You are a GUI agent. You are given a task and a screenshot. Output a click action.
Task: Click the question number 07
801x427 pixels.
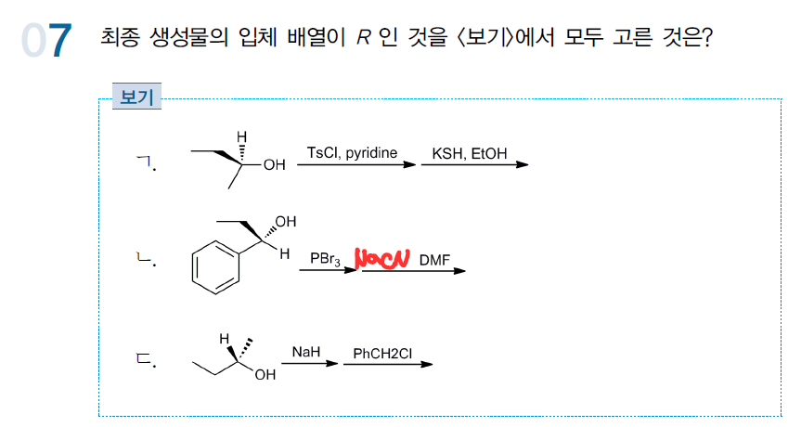pos(47,41)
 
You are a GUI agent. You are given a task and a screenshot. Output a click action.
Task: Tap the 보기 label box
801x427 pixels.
pos(136,97)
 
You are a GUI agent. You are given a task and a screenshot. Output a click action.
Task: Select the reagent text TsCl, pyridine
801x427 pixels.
pos(352,151)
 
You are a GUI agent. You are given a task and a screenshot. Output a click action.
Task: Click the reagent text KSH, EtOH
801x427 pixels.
pos(470,152)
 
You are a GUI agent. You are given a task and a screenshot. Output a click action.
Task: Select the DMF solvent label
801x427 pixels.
pos(434,261)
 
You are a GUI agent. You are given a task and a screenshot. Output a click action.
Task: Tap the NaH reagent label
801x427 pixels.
pos(305,352)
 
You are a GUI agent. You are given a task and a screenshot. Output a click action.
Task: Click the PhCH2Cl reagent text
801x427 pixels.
pos(381,353)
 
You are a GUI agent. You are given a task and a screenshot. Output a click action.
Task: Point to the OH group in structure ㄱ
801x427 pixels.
pos(274,166)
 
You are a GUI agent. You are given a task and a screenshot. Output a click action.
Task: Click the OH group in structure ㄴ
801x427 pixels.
pos(285,222)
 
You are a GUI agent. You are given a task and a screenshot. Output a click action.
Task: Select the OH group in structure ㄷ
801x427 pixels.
pos(265,375)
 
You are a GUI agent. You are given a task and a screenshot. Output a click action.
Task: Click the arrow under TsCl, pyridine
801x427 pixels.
pos(356,165)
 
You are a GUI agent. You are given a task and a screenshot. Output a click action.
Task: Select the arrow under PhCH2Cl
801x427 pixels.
pos(387,364)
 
